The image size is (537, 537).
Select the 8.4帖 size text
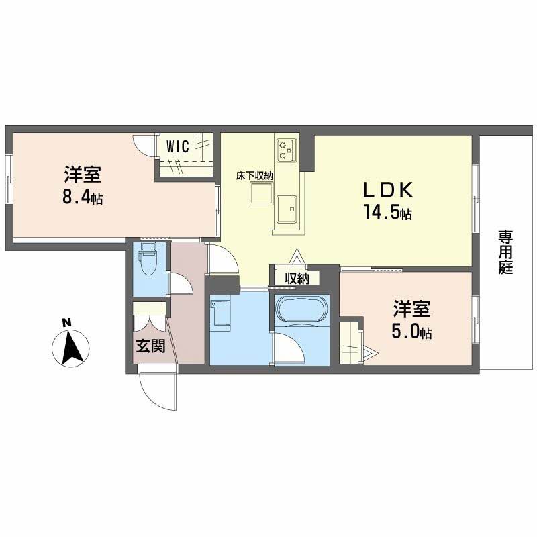[x=83, y=198]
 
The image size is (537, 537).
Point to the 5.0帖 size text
[x=411, y=332]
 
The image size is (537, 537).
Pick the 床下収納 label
[x=254, y=175]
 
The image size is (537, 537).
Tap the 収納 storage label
[x=296, y=278]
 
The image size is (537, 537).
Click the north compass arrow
[x=67, y=348]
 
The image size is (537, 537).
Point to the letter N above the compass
[x=66, y=323]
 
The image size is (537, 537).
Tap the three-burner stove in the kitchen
[x=287, y=150]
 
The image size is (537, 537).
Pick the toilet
[x=148, y=262]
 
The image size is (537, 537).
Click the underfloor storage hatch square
[x=259, y=195]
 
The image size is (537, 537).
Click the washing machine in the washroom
[x=221, y=314]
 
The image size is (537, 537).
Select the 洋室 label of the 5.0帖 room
[x=411, y=310]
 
